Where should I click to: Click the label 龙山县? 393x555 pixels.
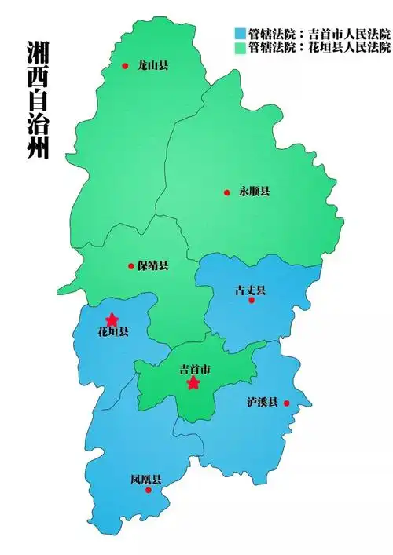click(152, 66)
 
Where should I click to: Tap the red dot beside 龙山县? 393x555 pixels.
click(125, 66)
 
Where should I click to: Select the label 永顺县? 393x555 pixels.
click(254, 192)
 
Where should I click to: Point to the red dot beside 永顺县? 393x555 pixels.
click(226, 192)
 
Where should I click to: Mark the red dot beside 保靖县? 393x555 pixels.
click(131, 266)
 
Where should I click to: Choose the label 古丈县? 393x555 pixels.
click(250, 290)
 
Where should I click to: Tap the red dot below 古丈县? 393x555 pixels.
click(252, 300)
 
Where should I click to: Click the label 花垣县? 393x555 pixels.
click(112, 332)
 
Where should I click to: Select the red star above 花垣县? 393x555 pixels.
click(112, 319)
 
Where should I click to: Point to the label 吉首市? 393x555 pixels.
click(195, 369)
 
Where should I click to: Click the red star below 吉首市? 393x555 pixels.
click(193, 383)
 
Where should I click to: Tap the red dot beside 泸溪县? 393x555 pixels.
click(286, 403)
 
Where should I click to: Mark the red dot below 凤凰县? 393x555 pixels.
click(148, 491)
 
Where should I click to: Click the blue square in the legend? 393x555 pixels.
click(240, 34)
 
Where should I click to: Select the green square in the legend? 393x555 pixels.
click(240, 47)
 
